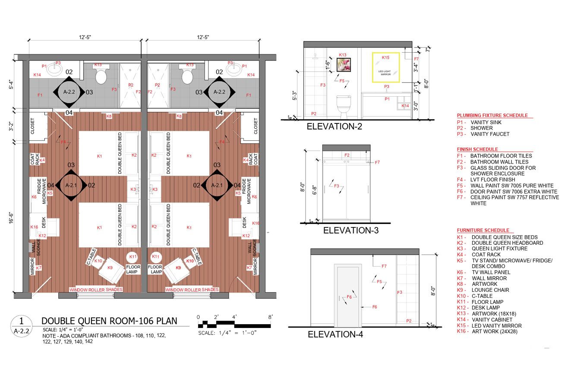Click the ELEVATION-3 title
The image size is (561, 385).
click(350, 230)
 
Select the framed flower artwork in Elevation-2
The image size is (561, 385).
click(344, 65)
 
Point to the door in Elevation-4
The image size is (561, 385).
click(348, 296)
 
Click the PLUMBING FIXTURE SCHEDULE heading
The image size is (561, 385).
click(492, 116)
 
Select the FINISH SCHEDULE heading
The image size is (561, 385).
click(477, 149)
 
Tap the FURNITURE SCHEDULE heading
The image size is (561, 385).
click(483, 230)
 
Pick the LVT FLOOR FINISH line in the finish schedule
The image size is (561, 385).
click(486, 180)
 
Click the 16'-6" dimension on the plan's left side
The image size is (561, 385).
click(11, 218)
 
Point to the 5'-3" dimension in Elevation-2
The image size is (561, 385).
click(294, 96)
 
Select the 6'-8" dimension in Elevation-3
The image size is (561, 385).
click(315, 190)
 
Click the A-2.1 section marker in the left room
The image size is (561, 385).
click(71, 185)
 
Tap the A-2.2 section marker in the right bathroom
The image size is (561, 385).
click(219, 92)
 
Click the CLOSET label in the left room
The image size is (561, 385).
click(32, 126)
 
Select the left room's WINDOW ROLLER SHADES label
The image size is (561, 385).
click(96, 290)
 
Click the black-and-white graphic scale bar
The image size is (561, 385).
click(234, 325)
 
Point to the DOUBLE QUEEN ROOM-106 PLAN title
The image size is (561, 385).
click(109, 321)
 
